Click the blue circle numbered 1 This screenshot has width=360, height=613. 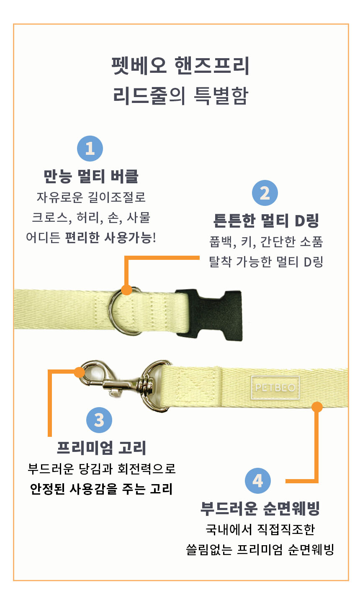pos(90,149)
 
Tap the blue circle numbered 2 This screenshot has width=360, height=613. pos(265,193)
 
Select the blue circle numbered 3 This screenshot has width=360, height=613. pos(99,420)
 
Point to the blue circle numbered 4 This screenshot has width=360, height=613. pos(257,481)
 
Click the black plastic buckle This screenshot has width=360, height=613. pos(209,314)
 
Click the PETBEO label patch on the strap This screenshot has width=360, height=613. pos(275,387)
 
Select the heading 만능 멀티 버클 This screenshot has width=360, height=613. pos(91,177)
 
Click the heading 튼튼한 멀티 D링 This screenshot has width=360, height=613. pos(266,221)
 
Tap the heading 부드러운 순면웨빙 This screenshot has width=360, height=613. pos(260,509)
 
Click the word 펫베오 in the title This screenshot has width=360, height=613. pos(139,66)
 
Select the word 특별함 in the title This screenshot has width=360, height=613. pos(221,96)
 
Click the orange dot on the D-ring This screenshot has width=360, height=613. pos(126,290)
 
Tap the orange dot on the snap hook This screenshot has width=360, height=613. pos(80,372)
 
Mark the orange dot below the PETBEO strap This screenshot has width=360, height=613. pos(317,407)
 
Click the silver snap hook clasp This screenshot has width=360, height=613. pos(125,384)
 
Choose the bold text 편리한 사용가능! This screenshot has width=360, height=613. pos(111,238)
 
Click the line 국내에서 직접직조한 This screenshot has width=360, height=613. pos(260,530)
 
